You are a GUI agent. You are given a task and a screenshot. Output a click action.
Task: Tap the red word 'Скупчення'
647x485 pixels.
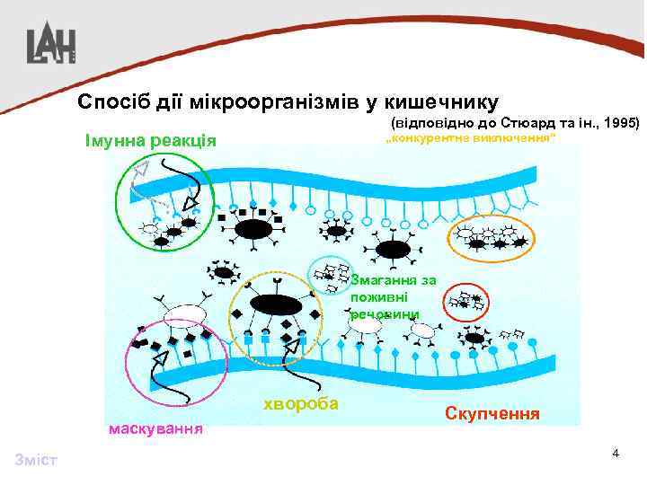(492, 414)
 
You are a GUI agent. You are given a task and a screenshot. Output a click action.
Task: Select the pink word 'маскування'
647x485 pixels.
(155, 428)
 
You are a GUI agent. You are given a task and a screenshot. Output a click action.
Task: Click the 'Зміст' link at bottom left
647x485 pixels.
(36, 461)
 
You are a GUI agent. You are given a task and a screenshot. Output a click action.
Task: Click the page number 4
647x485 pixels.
(615, 453)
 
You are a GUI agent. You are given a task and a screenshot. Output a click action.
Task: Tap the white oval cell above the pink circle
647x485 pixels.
(184, 313)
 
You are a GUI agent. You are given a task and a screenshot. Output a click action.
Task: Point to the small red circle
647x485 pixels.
(466, 303)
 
